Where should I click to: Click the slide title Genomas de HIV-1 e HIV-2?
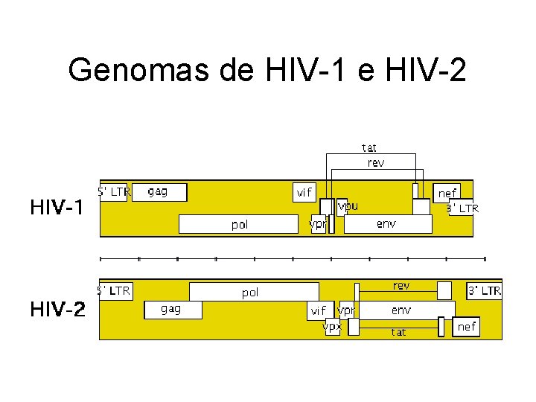[267, 71]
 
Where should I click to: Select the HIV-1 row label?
[57, 208]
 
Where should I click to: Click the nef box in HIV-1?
[447, 192]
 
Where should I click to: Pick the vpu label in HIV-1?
[348, 205]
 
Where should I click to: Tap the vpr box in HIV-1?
[318, 223]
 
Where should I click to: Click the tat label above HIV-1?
[369, 147]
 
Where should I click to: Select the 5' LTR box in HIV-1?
[114, 192]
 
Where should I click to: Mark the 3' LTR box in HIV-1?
[462, 208]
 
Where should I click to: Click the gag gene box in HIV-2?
[171, 309]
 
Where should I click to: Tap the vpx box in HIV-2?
[332, 326]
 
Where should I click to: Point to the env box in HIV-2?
[402, 309]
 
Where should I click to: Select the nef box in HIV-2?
[466, 326]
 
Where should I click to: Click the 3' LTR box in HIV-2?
[484, 290]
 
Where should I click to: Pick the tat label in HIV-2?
[399, 333]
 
